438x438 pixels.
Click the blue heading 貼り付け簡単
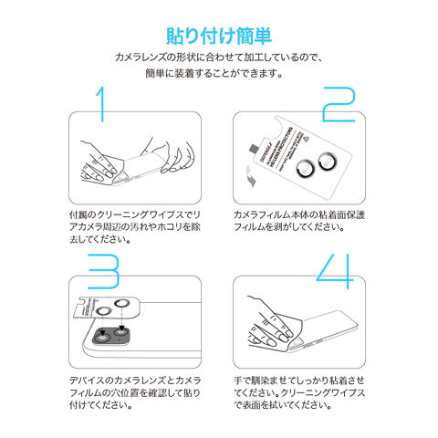pyautogui.click(x=219, y=36)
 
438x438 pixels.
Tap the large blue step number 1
pyautogui.click(x=101, y=104)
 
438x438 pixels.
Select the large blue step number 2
pyautogui.click(x=339, y=104)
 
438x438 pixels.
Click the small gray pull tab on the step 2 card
pyautogui.click(x=253, y=149)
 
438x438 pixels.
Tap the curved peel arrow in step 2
pyautogui.click(x=251, y=176)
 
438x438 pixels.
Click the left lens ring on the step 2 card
pyautogui.click(x=305, y=168)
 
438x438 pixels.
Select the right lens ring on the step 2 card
pyautogui.click(x=328, y=161)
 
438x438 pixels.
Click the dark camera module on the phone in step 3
pyautogui.click(x=111, y=336)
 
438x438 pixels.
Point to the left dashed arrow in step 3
pyautogui.click(x=102, y=325)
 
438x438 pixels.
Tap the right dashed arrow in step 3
pyautogui.click(x=121, y=318)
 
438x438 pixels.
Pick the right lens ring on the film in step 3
pyautogui.click(x=122, y=303)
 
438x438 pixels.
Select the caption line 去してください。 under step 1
pyautogui.click(x=100, y=239)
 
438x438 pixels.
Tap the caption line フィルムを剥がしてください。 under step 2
pyautogui.click(x=288, y=227)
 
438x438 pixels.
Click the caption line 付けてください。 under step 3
pyautogui.click(x=100, y=405)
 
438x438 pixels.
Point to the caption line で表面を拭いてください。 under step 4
pyautogui.click(x=283, y=405)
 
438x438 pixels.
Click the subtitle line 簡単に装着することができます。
pyautogui.click(x=214, y=73)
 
